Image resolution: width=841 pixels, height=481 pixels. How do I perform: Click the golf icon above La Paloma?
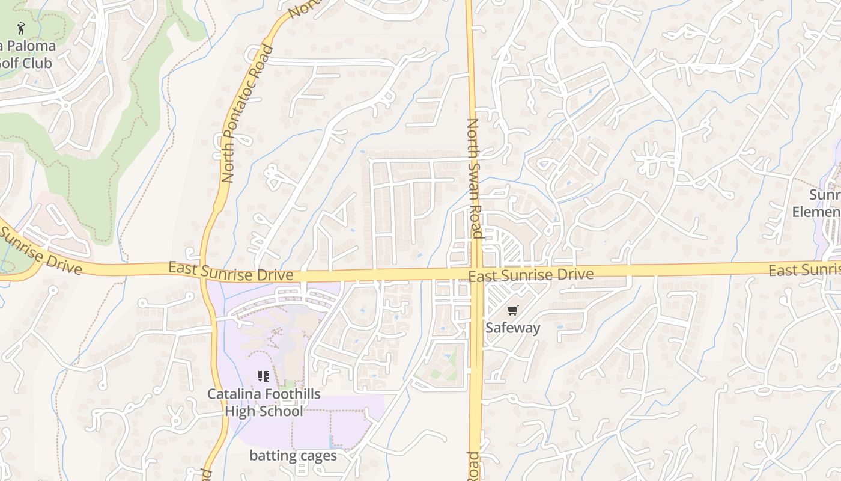22,28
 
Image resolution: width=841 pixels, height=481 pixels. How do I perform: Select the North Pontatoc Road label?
247,114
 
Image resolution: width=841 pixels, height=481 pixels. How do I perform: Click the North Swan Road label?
475,178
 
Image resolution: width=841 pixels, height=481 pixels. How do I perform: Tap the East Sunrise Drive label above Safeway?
531,275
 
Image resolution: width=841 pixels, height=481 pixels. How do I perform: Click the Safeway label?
512,328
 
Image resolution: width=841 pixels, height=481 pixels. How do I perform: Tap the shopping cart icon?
512,311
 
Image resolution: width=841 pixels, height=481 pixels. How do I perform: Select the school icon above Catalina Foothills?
263,376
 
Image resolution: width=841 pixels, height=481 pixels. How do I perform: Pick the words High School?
264,411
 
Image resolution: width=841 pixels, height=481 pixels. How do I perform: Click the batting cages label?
293,455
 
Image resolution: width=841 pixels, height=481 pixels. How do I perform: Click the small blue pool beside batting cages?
333,441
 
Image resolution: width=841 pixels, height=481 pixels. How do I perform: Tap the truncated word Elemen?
817,212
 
